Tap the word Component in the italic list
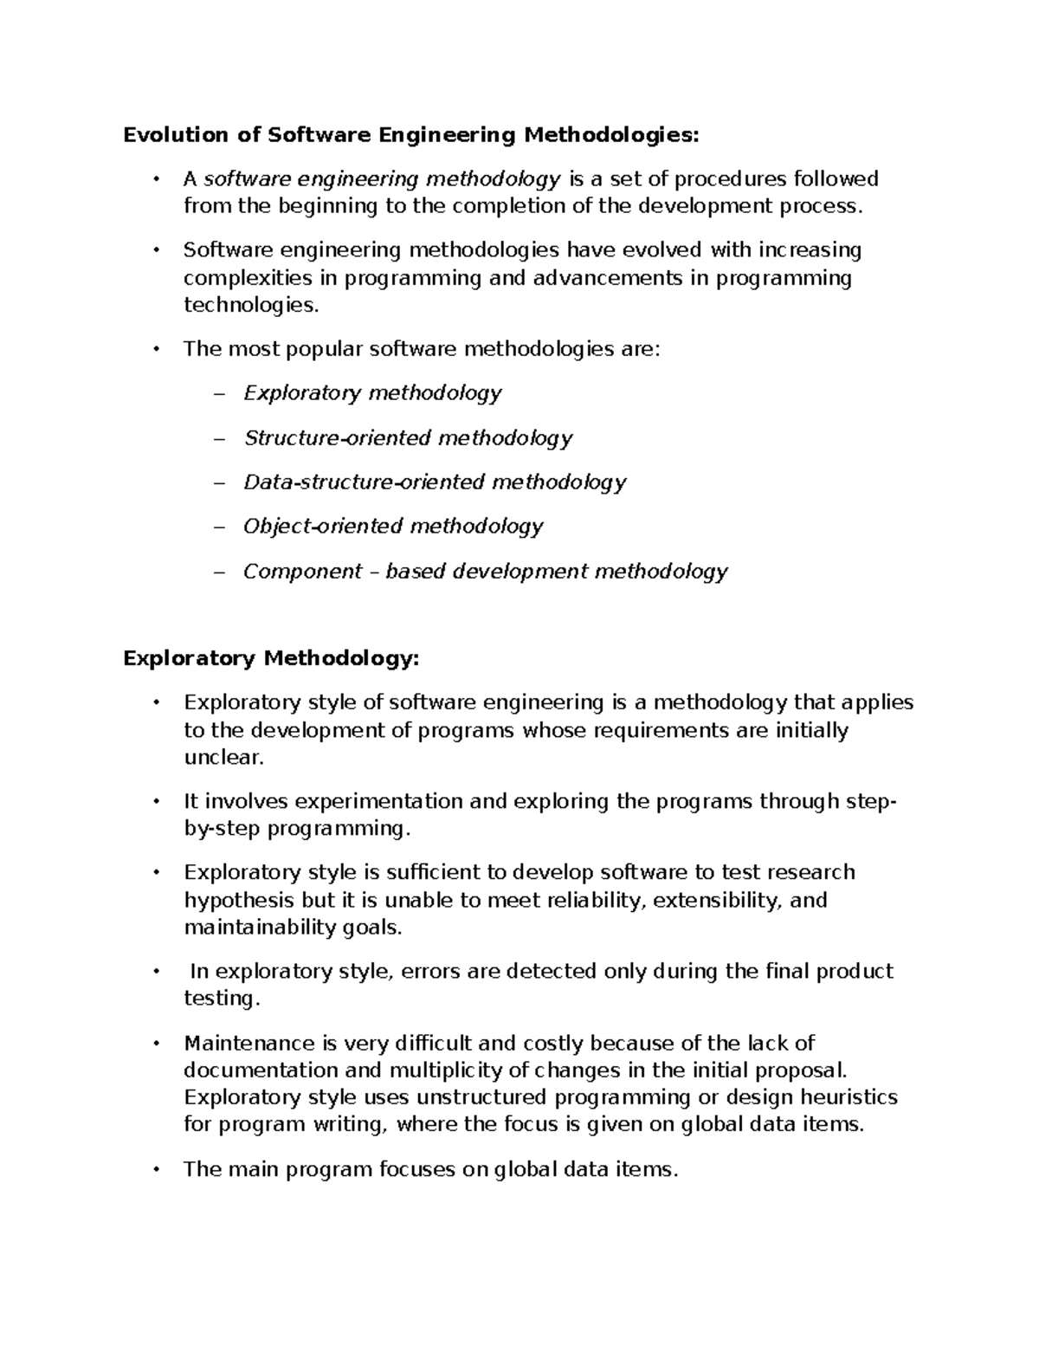(x=302, y=572)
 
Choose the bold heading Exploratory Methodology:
(x=271, y=659)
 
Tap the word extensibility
(x=717, y=900)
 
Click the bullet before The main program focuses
(x=156, y=1169)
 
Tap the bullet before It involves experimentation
(x=156, y=801)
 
